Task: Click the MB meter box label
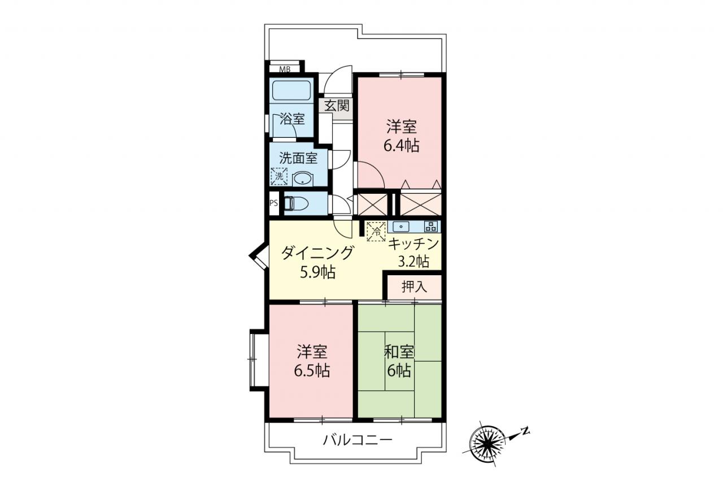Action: tap(285, 69)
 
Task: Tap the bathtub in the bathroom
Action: tap(291, 90)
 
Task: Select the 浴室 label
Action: tap(292, 119)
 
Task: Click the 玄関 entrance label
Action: tap(337, 106)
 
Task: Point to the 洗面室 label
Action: tap(298, 158)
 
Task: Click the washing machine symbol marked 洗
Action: tap(279, 176)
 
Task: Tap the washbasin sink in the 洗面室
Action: tap(302, 180)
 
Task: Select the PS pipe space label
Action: tap(274, 203)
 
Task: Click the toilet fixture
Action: tap(296, 204)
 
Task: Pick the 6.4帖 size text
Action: tap(401, 146)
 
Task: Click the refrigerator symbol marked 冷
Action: tap(376, 231)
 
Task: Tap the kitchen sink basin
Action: tap(401, 227)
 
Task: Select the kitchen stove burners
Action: tap(431, 227)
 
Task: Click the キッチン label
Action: tap(413, 244)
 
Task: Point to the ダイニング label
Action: tap(317, 253)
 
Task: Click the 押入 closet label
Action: tap(415, 286)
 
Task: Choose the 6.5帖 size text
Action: tap(312, 371)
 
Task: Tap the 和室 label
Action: tap(399, 352)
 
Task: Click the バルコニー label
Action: tap(358, 440)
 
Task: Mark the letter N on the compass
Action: tap(526, 431)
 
